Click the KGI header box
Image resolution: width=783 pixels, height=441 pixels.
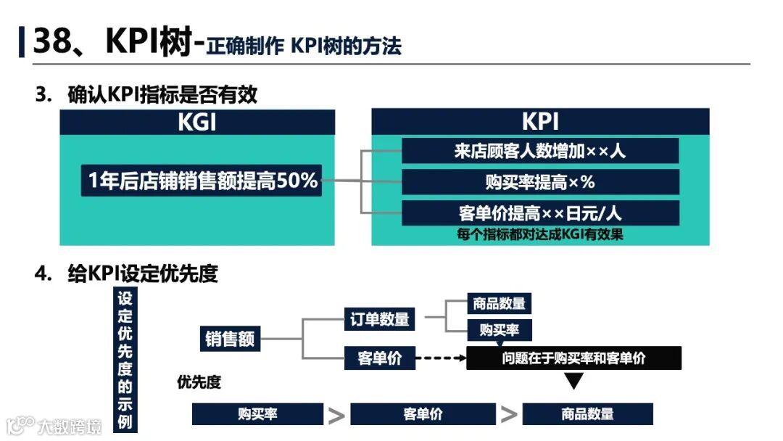click(x=197, y=122)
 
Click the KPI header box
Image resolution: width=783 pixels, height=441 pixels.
click(x=540, y=122)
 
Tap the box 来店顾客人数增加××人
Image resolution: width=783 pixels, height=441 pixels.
click(x=540, y=151)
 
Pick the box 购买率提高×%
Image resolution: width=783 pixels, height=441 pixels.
click(x=540, y=182)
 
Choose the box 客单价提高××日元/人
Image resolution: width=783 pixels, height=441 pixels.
click(x=540, y=213)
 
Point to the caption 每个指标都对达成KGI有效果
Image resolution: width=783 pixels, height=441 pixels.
click(x=540, y=234)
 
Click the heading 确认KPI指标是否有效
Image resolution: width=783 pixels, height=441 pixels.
click(x=162, y=95)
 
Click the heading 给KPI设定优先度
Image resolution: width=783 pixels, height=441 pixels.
click(x=143, y=273)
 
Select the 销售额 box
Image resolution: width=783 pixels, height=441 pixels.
click(x=230, y=339)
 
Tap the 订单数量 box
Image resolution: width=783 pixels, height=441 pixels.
click(x=379, y=318)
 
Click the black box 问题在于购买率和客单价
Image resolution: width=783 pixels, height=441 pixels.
click(x=573, y=358)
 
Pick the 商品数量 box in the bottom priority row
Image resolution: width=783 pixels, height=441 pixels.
click(x=587, y=414)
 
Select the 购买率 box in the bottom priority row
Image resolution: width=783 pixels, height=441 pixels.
click(x=257, y=414)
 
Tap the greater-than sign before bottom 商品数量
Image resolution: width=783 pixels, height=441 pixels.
click(x=509, y=415)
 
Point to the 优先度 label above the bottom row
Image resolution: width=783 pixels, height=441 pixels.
click(x=199, y=382)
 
